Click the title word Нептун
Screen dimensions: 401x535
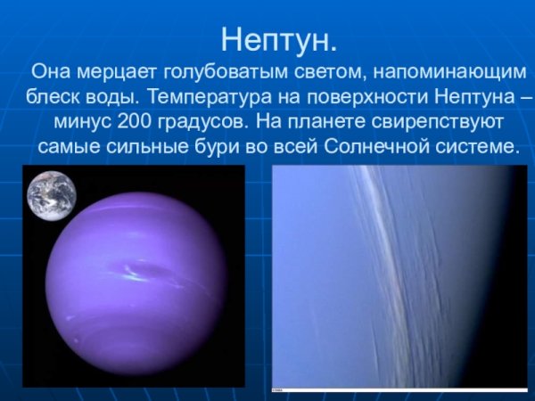click(x=278, y=40)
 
